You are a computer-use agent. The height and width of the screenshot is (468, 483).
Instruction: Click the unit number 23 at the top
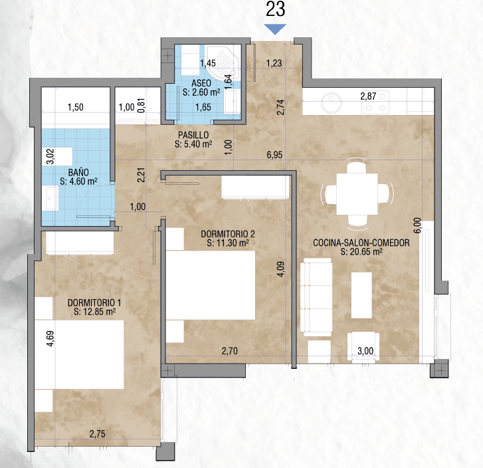click(276, 9)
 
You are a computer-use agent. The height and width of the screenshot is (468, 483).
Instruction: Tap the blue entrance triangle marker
click(275, 29)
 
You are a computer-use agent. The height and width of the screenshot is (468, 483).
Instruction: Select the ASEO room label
click(201, 83)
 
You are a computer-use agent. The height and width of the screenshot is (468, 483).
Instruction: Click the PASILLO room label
click(193, 135)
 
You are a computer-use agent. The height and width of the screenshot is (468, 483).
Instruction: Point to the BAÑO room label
click(78, 172)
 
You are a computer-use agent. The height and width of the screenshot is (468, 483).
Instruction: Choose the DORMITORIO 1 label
click(94, 302)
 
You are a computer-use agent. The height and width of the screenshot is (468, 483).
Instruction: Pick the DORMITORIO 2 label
click(228, 234)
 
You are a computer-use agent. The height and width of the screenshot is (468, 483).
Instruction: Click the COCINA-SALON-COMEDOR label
click(361, 243)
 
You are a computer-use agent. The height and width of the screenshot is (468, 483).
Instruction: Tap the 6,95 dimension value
click(274, 155)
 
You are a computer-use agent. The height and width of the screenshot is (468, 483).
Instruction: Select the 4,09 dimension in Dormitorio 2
click(281, 269)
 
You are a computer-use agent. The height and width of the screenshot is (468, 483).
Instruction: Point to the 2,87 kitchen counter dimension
click(368, 96)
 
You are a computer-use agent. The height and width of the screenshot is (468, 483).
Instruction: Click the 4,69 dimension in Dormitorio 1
click(51, 338)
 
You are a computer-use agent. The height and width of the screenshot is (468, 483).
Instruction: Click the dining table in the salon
click(357, 194)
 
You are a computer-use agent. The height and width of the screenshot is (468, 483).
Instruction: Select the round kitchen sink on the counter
click(332, 102)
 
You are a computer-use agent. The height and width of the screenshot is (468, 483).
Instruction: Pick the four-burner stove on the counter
click(375, 102)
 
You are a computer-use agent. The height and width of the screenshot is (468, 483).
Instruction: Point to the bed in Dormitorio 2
click(211, 285)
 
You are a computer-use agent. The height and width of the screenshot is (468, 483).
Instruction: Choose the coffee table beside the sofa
click(361, 295)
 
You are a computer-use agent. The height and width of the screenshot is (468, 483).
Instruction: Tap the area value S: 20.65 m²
click(361, 252)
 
